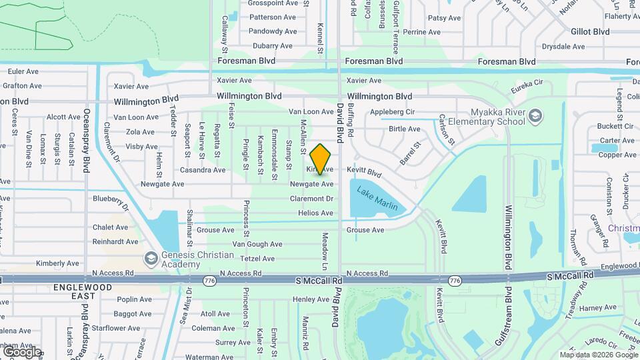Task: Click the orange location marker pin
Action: pyautogui.click(x=321, y=159)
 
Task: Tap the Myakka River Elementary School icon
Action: pyautogui.click(x=535, y=117)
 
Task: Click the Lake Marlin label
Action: pyautogui.click(x=377, y=199)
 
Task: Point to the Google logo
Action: pyautogui.click(x=22, y=351)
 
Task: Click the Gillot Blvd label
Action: pyautogui.click(x=590, y=31)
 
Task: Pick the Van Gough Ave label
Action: pyautogui.click(x=257, y=244)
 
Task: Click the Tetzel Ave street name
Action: pyautogui.click(x=257, y=259)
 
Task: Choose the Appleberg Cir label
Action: pyautogui.click(x=393, y=111)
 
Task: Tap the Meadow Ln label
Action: pyautogui.click(x=325, y=247)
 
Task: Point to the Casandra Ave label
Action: pyautogui.click(x=202, y=170)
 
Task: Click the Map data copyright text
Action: pyautogui.click(x=598, y=355)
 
